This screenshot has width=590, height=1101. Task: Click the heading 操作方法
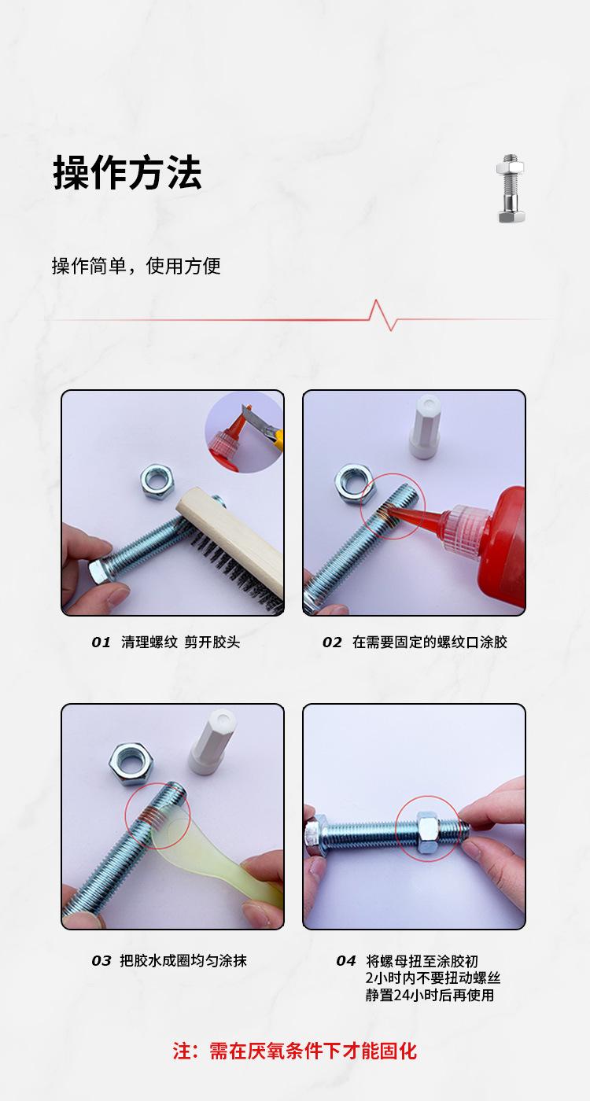[x=127, y=172]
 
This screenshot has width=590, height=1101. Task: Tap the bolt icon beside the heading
[x=511, y=189]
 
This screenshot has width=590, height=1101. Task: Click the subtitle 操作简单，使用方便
[x=136, y=266]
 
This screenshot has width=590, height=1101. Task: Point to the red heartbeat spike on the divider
[x=383, y=315]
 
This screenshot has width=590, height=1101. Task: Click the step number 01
[x=101, y=643]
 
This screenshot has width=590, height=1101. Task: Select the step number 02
[x=332, y=643]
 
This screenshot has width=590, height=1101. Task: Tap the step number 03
[x=101, y=961]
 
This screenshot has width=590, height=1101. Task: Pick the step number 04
[x=345, y=961]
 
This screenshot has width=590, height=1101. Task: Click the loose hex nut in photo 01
[x=157, y=481]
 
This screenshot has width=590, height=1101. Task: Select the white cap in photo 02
[x=426, y=428]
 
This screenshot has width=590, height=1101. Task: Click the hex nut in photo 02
[x=355, y=485]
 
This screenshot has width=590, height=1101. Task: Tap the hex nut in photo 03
[x=131, y=764]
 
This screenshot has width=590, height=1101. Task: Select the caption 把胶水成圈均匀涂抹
[x=183, y=961]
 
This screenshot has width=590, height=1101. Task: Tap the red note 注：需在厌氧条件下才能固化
[x=294, y=1051]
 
